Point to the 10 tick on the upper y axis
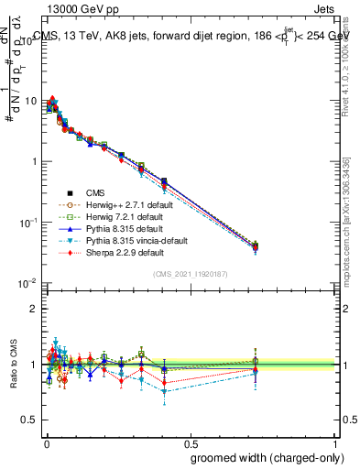click(x=31, y=101)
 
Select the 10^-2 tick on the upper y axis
click(x=29, y=283)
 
